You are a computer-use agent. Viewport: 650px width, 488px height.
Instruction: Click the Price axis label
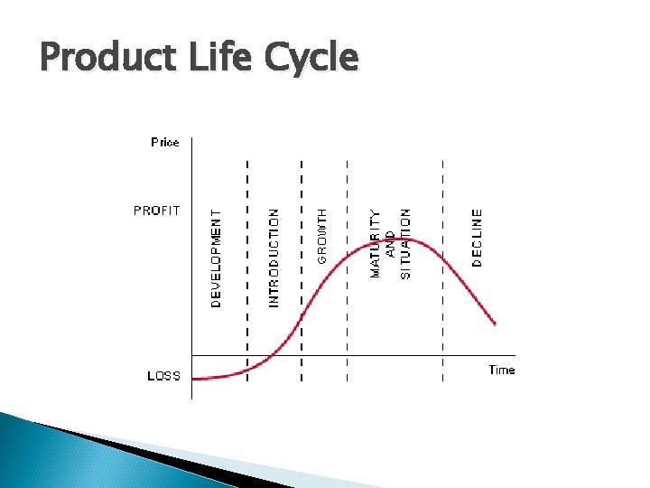pos(165,142)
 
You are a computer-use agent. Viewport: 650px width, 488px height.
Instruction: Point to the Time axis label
pos(501,370)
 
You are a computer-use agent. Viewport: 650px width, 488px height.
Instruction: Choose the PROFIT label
pos(157,211)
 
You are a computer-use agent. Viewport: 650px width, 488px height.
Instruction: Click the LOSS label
pos(163,376)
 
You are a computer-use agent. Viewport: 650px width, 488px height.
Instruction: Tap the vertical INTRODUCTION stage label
pos(274,258)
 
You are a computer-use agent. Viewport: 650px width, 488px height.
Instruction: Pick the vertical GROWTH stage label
pos(322,236)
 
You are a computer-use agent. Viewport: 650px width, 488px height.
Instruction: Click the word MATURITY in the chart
pos(376,243)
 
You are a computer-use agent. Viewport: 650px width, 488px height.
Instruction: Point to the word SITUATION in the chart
pos(405,243)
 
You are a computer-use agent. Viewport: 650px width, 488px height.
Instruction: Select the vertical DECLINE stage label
pos(478,238)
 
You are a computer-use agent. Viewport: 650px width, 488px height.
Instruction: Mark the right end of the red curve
pos(495,323)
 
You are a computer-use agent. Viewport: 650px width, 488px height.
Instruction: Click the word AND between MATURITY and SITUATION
pos(390,243)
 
